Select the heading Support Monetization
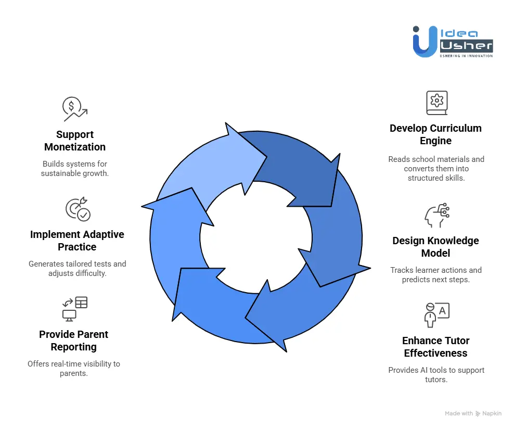tap(74, 141)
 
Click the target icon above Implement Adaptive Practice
tap(78, 209)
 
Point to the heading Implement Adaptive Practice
tap(77, 241)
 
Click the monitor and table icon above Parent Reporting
tap(74, 309)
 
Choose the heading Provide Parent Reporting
tap(74, 341)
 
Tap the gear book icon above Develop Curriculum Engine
tap(436, 103)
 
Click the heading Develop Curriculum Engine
tap(435, 134)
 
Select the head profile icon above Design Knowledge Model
tap(436, 215)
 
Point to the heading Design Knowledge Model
tap(435, 247)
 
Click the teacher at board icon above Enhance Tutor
tap(436, 314)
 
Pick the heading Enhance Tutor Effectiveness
tap(435, 347)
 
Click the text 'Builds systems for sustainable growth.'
tap(74, 168)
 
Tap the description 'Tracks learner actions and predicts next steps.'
tap(435, 274)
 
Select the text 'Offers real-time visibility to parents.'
tap(74, 368)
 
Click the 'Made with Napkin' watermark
tap(473, 413)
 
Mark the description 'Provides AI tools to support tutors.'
tap(435, 374)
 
